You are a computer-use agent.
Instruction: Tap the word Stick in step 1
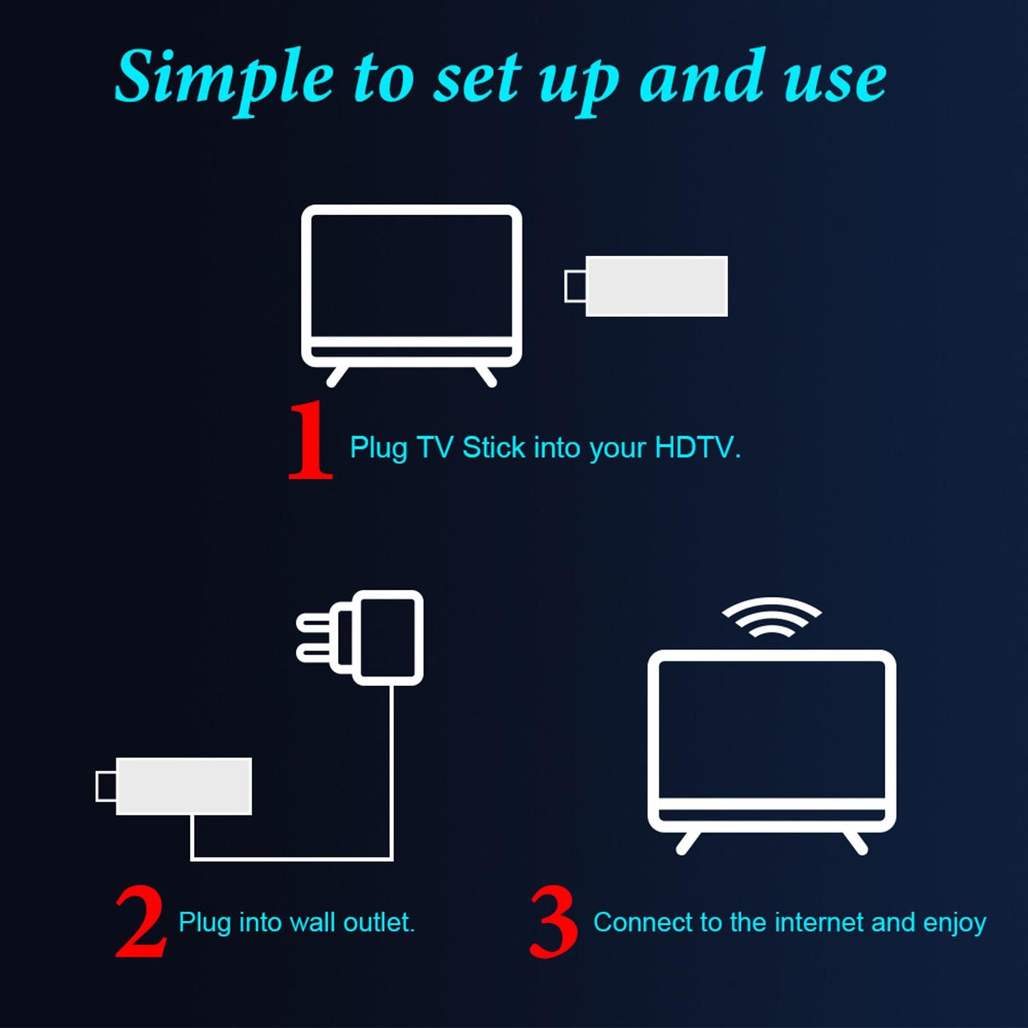click(x=494, y=447)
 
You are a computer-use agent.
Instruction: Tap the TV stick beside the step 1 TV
click(x=655, y=286)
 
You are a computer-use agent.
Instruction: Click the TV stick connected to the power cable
click(x=183, y=786)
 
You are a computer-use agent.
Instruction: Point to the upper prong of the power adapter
click(x=315, y=624)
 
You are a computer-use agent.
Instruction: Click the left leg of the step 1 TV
click(x=337, y=376)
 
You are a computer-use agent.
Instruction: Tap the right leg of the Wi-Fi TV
click(x=856, y=842)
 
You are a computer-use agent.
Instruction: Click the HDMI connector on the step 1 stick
click(x=574, y=286)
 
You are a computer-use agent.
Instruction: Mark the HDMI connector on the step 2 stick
click(x=105, y=786)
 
